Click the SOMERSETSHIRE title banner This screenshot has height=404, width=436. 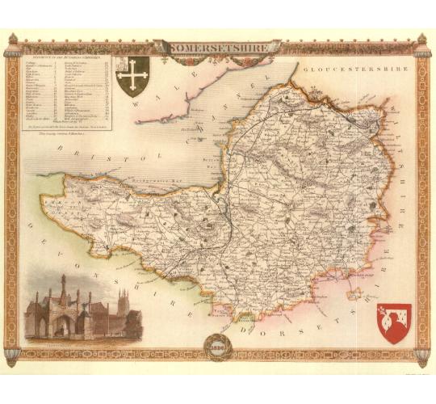218,47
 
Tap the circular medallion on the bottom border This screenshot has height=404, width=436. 217,347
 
